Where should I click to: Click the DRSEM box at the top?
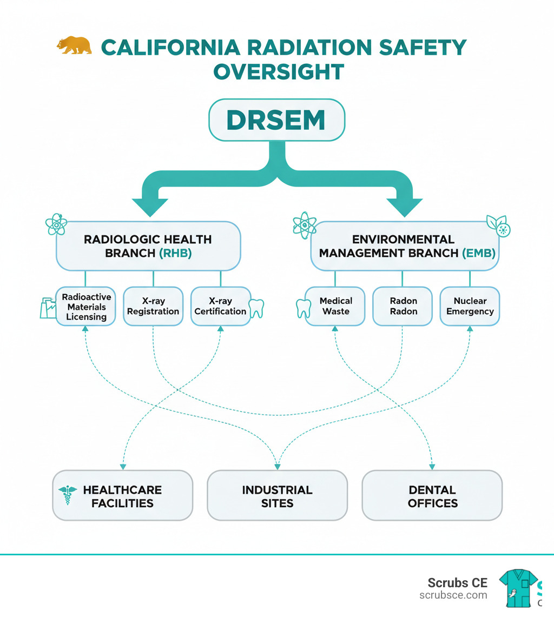(276, 120)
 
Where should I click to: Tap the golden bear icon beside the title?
(74, 45)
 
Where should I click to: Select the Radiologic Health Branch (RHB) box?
(148, 245)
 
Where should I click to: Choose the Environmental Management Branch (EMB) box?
(405, 245)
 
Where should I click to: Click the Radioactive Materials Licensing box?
(86, 306)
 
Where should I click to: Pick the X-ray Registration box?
(153, 306)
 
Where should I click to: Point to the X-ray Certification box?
(220, 306)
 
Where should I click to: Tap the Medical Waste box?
(335, 306)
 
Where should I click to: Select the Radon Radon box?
(403, 306)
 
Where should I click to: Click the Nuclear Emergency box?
(470, 306)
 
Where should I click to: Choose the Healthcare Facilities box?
(122, 496)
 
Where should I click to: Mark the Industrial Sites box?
(277, 496)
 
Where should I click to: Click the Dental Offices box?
(432, 496)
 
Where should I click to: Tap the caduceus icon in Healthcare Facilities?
(68, 495)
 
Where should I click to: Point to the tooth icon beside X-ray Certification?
(256, 308)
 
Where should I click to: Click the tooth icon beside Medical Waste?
(302, 308)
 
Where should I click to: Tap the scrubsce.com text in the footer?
(453, 595)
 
